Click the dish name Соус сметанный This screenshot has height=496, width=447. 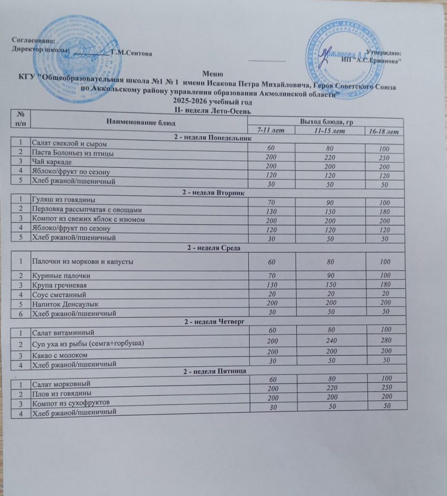[59, 295]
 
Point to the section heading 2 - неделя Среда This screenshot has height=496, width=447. [216, 248]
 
